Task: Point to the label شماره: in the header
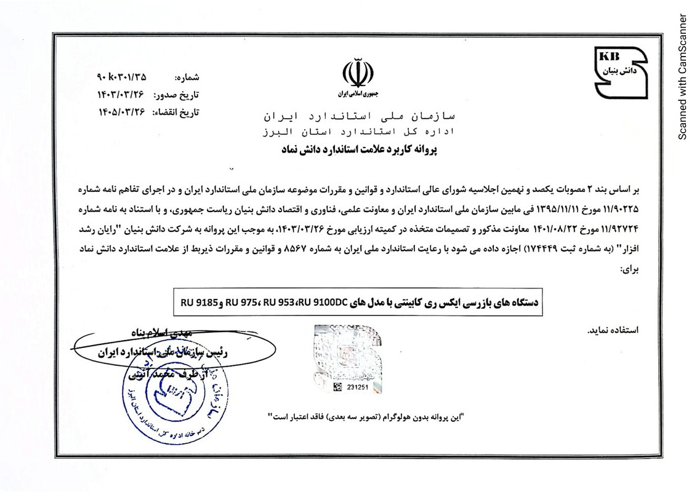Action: coord(188,79)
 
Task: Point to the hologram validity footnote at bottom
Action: coord(367,416)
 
